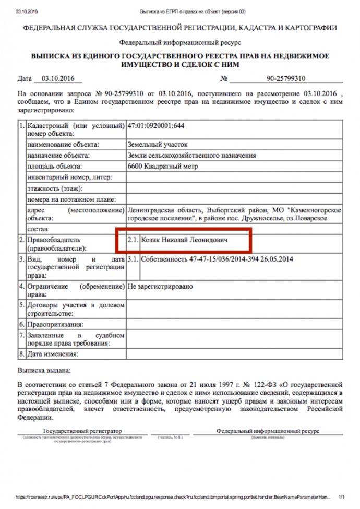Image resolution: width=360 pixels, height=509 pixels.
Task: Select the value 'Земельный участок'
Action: click(157, 144)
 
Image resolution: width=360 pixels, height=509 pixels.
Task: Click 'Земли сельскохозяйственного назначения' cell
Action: click(191, 155)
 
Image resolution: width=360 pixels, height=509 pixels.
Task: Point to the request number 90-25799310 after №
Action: click(285, 79)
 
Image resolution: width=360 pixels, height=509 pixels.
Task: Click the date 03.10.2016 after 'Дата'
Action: click(55, 79)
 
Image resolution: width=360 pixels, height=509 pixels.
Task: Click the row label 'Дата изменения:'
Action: click(52, 354)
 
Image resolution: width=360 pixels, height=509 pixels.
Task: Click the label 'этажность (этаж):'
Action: click(55, 188)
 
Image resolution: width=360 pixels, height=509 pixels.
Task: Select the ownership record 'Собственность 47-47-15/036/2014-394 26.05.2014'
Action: click(217, 258)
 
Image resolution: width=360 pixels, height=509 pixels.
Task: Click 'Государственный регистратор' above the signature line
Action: click(82, 431)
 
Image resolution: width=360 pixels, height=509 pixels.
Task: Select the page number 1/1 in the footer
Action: click(342, 497)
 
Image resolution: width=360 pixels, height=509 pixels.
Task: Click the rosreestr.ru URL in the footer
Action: click(172, 497)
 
